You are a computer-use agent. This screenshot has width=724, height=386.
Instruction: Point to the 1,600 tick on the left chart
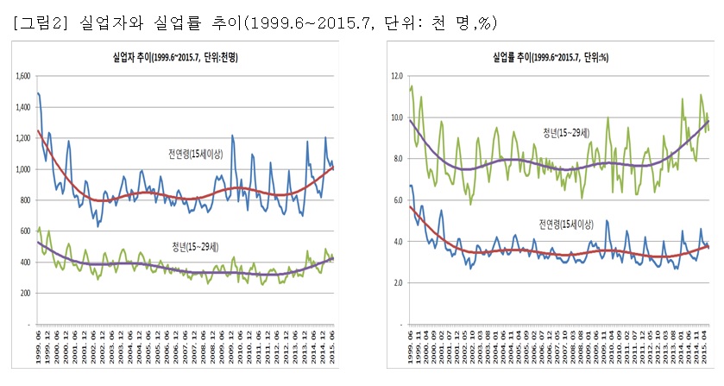coord(22,77)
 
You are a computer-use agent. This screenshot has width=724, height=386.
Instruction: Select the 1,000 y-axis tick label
coord(22,169)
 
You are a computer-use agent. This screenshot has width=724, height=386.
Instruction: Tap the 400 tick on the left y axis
coord(25,262)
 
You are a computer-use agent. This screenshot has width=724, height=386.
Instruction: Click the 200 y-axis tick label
coord(25,293)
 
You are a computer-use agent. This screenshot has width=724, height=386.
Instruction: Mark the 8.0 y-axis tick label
coord(398,158)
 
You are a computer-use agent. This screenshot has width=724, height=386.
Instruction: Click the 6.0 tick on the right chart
coord(398,199)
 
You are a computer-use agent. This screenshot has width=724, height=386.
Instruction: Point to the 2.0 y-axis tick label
coord(398,282)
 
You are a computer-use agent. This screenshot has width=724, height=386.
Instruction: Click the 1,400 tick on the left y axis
coord(22,108)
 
